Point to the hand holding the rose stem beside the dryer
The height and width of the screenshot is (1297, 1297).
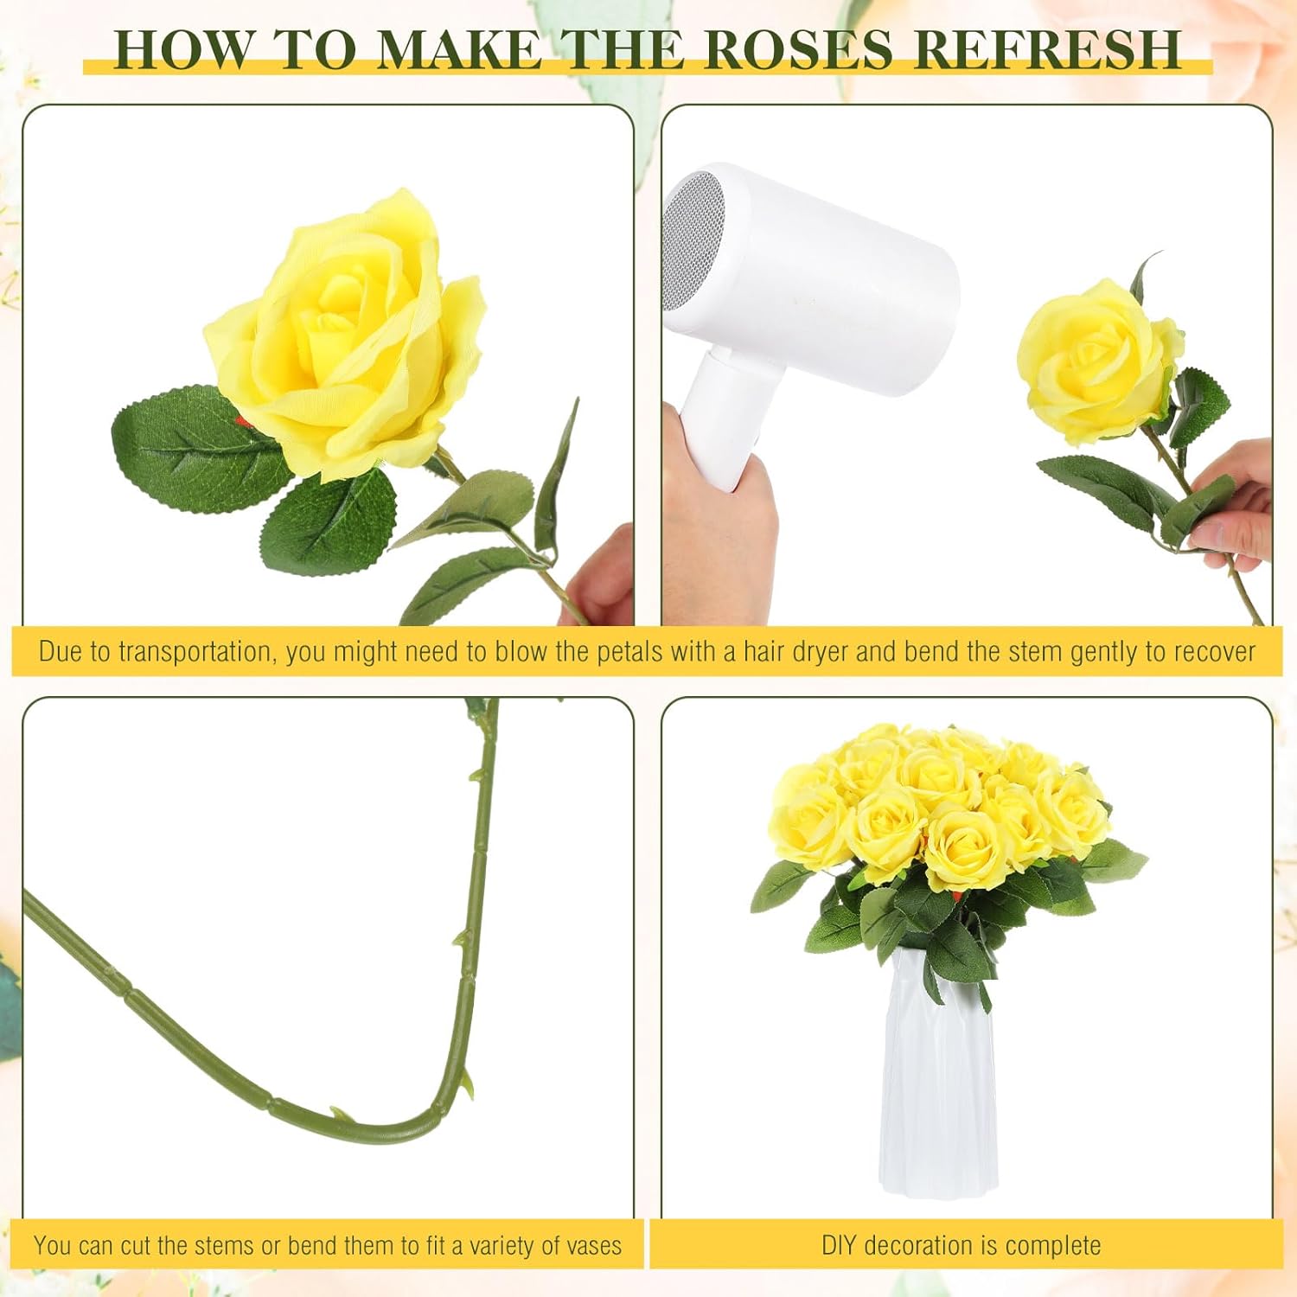(x=1236, y=510)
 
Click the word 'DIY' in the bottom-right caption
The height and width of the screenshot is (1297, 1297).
(x=839, y=1246)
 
